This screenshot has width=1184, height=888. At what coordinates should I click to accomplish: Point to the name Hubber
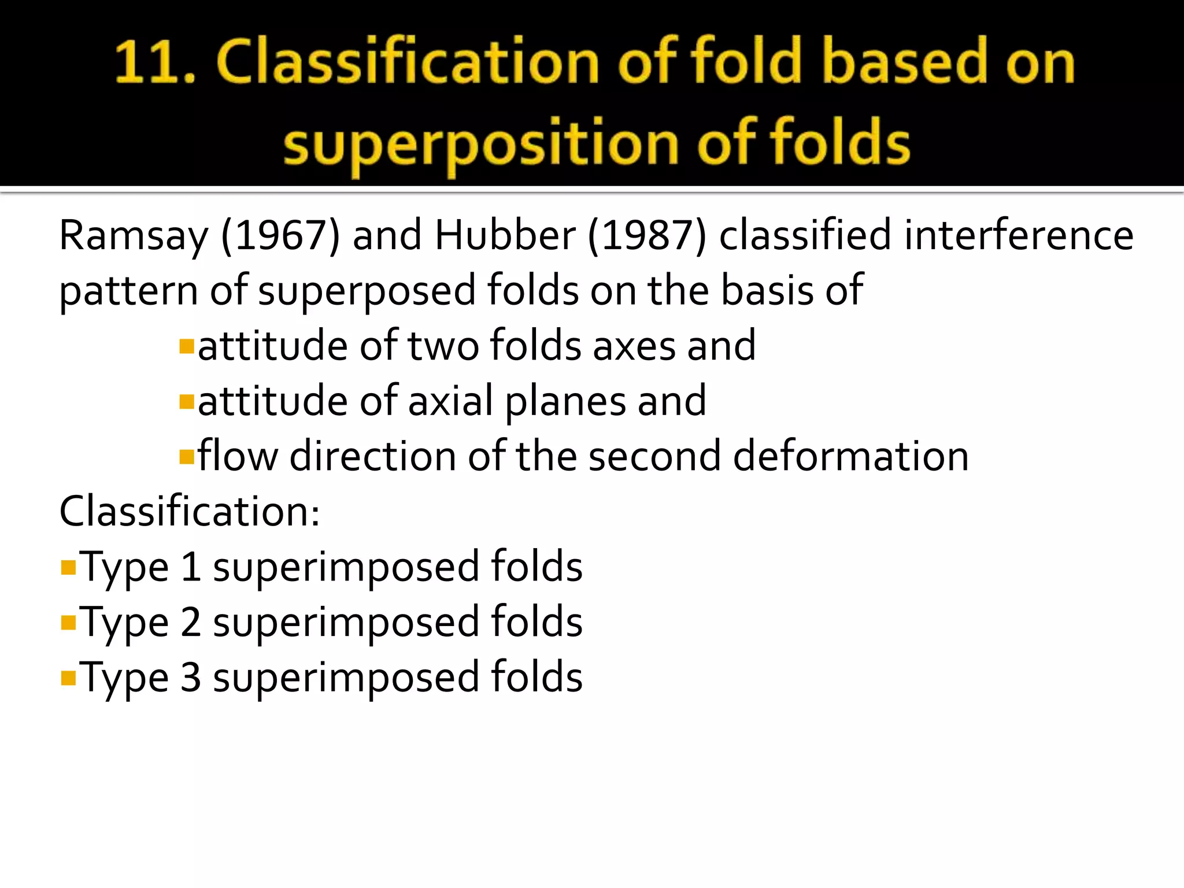tap(505, 235)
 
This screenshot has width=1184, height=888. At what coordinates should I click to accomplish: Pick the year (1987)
tap(647, 235)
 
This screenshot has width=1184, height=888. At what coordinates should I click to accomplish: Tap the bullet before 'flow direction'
tap(186, 457)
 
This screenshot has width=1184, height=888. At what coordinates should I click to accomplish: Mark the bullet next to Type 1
tap(68, 567)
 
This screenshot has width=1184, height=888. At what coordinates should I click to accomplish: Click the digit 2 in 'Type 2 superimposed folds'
tap(190, 622)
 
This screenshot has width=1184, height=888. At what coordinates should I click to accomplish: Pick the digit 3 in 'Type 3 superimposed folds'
tap(190, 677)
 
